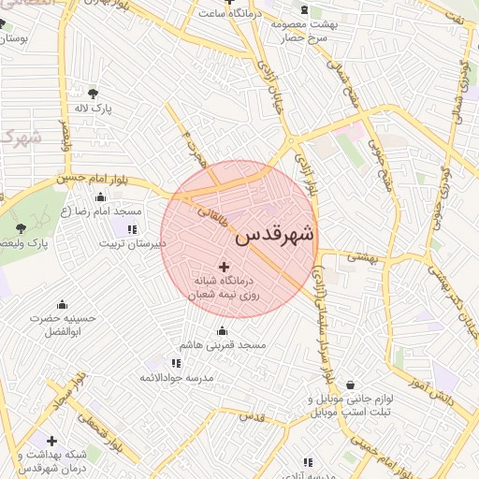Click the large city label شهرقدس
tap(275, 234)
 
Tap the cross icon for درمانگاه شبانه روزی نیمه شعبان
tap(223, 268)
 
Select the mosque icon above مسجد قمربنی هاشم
tap(222, 331)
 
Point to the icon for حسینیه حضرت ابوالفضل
tap(62, 304)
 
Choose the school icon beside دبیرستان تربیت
tap(131, 229)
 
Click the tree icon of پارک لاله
tap(92, 94)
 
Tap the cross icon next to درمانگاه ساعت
tap(202, 14)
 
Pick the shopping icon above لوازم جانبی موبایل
tap(350, 385)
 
